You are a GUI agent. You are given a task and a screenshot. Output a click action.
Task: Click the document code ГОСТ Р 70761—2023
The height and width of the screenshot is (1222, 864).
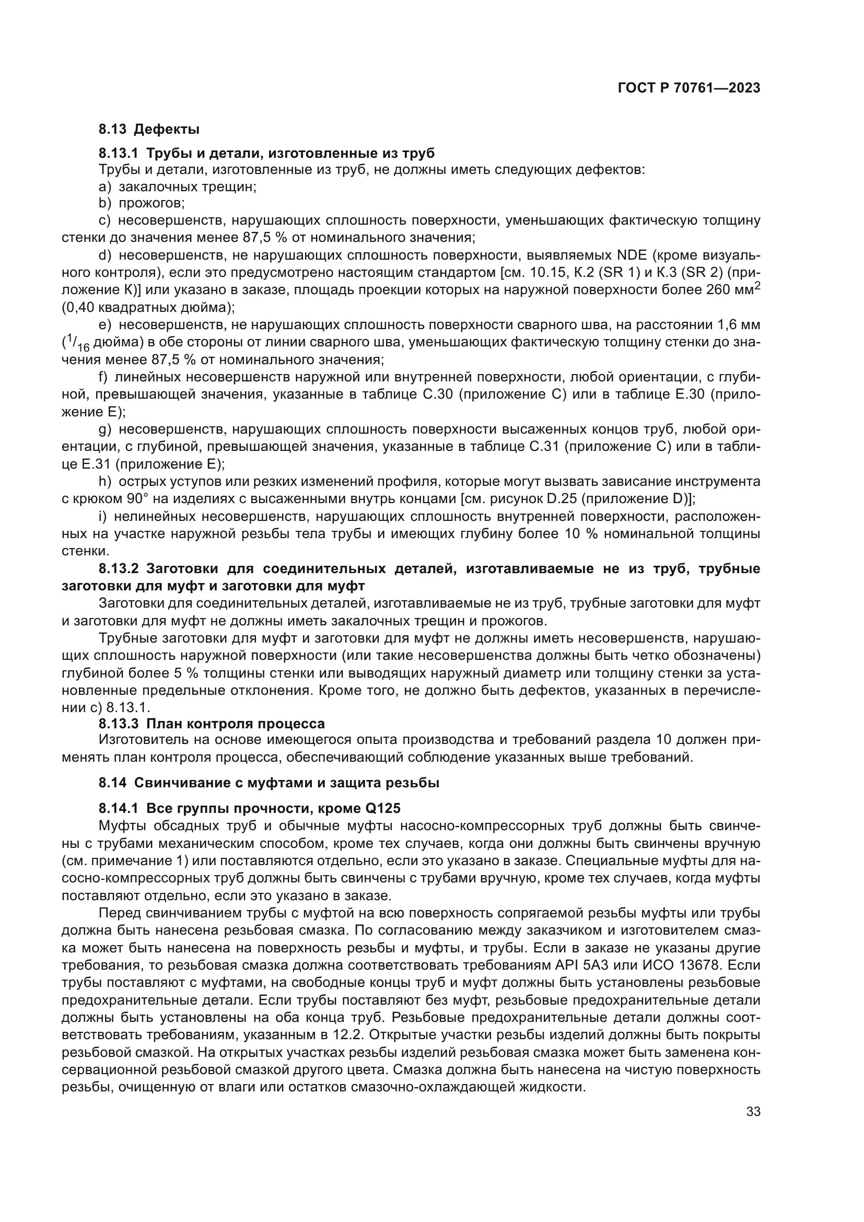coord(689,88)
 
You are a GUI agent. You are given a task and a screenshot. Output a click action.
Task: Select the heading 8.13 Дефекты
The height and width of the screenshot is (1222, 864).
coord(149,129)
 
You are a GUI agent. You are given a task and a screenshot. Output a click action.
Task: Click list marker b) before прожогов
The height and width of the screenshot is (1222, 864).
coord(105,203)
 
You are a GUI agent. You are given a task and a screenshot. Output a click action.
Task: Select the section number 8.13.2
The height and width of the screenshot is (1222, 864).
coord(119,568)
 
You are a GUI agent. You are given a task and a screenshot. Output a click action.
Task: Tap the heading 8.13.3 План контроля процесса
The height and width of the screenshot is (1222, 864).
coord(212,724)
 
